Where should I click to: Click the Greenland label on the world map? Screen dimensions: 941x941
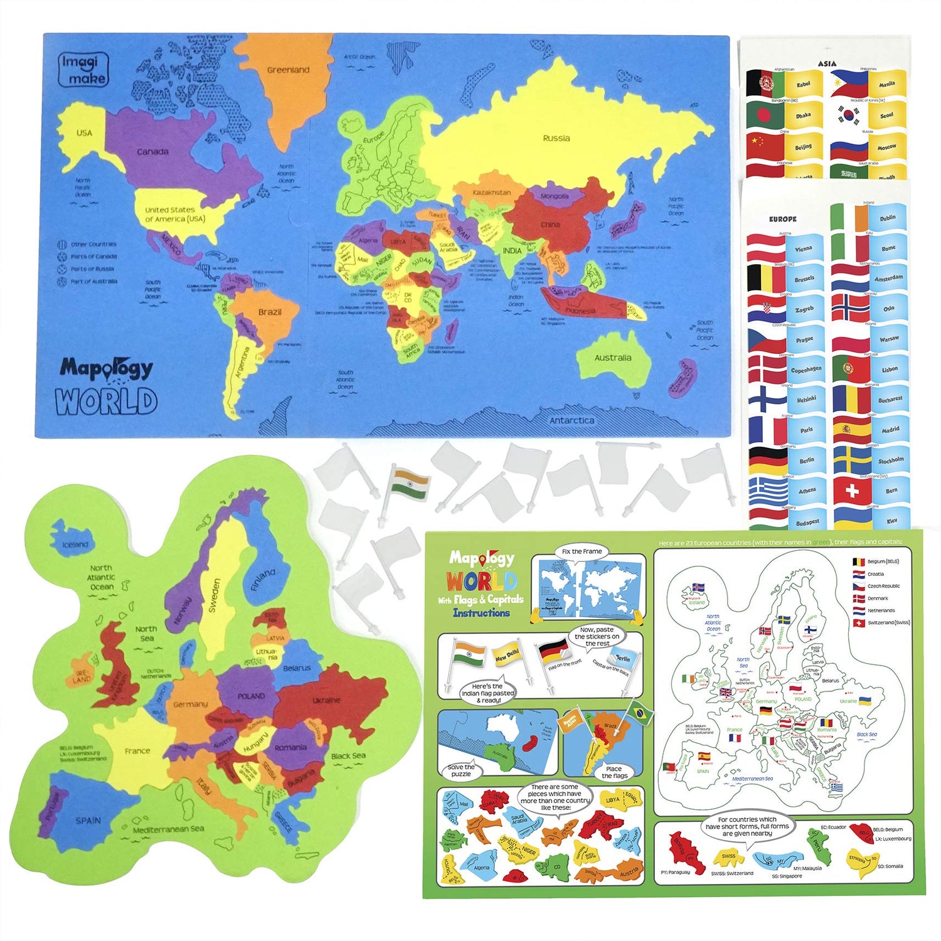pyautogui.click(x=288, y=70)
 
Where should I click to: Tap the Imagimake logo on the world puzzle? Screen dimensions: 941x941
pyautogui.click(x=83, y=70)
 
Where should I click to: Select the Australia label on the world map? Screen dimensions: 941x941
pyautogui.click(x=612, y=358)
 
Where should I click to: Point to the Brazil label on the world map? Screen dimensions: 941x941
pyautogui.click(x=270, y=312)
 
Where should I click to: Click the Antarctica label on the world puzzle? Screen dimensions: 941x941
pyautogui.click(x=572, y=421)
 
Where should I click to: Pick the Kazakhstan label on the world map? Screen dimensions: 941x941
pyautogui.click(x=491, y=193)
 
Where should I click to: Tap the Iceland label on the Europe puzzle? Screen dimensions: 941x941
pyautogui.click(x=75, y=545)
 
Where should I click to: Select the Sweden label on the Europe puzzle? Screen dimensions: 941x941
pyautogui.click(x=215, y=595)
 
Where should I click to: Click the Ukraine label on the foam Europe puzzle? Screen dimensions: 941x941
pyautogui.click(x=326, y=700)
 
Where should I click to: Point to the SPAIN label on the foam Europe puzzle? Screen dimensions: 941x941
pyautogui.click(x=88, y=821)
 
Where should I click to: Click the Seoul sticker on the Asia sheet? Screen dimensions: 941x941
pyautogui.click(x=886, y=115)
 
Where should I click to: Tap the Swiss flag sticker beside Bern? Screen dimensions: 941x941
pyautogui.click(x=851, y=491)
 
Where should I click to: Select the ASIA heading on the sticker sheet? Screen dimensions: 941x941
pyautogui.click(x=827, y=63)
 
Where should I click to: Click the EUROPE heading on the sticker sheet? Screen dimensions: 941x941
pyautogui.click(x=782, y=219)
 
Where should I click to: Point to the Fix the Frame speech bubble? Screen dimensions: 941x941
pyautogui.click(x=582, y=551)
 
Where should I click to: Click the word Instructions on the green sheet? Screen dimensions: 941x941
pyautogui.click(x=481, y=613)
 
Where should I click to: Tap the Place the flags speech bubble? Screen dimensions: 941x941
pyautogui.click(x=614, y=772)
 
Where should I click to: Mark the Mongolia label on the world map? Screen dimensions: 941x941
pyautogui.click(x=554, y=196)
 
